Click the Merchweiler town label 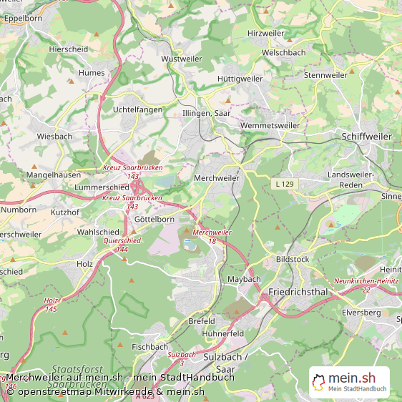click(217, 177)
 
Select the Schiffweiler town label click(366, 136)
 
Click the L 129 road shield click(285, 185)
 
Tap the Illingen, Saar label click(206, 113)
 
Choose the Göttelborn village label click(154, 220)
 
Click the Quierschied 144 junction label click(122, 245)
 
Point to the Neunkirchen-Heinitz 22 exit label click(366, 284)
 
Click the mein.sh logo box click(349, 383)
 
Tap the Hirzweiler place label click(265, 34)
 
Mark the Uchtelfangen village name click(137, 109)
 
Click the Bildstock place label click(292, 259)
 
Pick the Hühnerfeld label click(223, 333)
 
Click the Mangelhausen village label click(52, 175)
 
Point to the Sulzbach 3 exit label click(182, 358)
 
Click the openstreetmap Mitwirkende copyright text click(106, 391)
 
